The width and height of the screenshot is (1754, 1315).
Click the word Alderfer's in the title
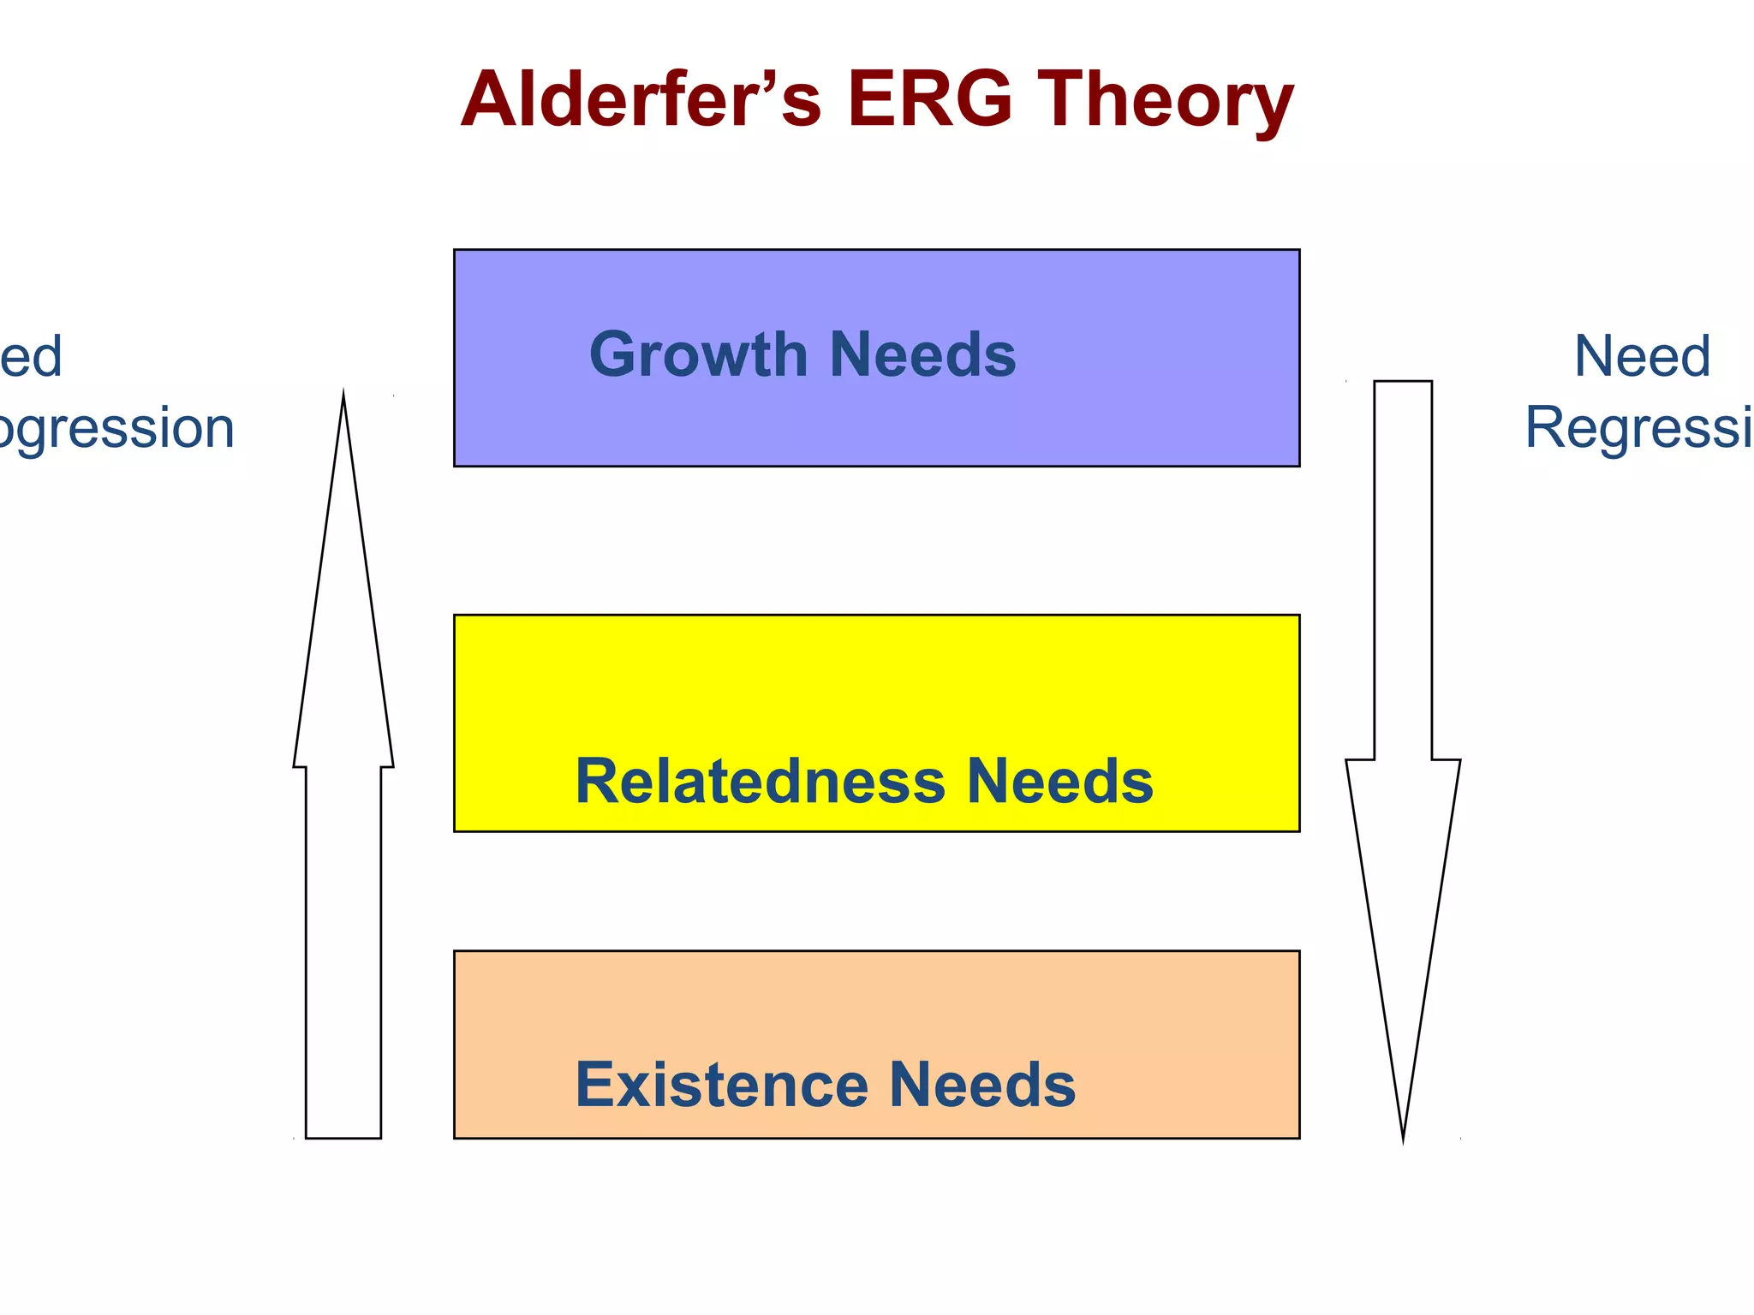point(641,100)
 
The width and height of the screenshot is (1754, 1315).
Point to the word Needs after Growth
point(922,355)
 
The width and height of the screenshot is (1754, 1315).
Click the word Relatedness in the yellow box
point(760,782)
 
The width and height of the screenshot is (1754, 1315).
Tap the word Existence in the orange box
point(721,1086)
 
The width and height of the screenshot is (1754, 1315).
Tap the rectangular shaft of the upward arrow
point(343,950)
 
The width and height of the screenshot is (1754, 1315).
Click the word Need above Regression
point(1642,356)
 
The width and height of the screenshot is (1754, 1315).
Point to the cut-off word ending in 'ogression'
point(116,428)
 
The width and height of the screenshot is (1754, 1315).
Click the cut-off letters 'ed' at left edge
point(31,356)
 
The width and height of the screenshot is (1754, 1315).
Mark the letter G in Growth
point(613,355)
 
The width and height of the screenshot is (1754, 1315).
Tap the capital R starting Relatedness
point(598,782)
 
